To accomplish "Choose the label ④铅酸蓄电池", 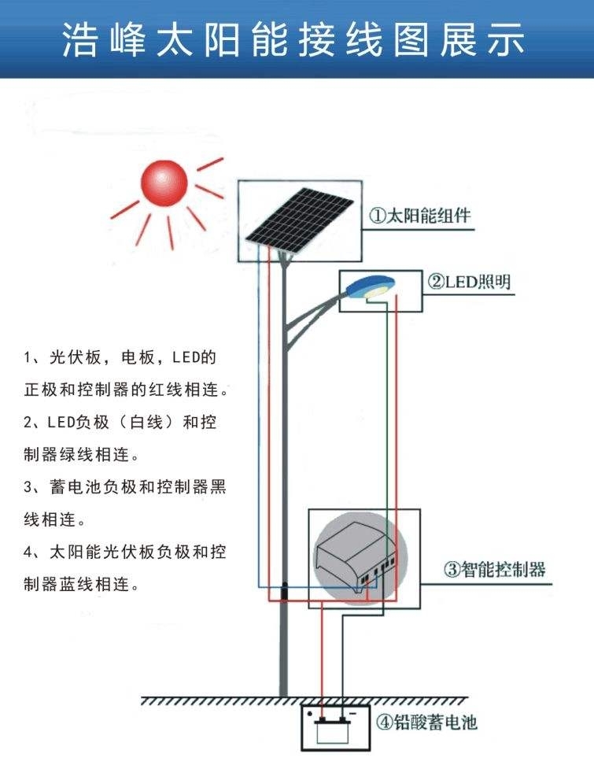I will (426, 722).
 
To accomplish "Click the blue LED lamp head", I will (371, 286).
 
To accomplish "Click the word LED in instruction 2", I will (60, 422).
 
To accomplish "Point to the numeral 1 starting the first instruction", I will (28, 358).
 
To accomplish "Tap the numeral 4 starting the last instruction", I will (28, 552).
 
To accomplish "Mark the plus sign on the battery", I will (320, 715).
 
